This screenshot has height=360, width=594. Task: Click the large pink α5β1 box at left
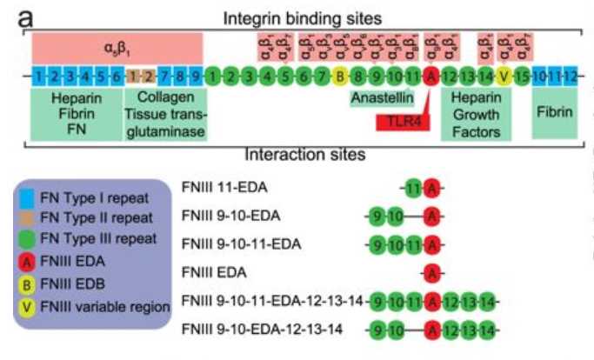117,46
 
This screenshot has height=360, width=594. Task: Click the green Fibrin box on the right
554,111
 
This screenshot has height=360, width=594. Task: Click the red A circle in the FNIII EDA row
431,273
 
